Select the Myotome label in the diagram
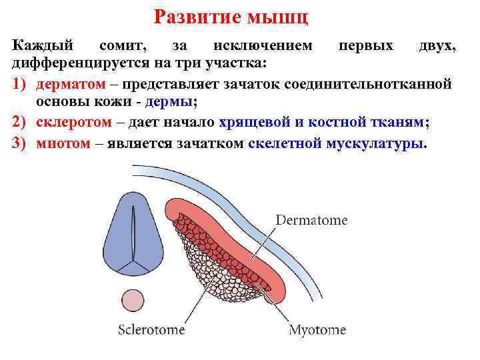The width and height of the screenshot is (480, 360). (317, 329)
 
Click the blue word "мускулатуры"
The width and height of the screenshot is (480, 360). (373, 143)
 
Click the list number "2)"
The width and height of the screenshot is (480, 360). (19, 123)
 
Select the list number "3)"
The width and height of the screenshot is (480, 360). (19, 143)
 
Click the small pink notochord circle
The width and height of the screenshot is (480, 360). (133, 302)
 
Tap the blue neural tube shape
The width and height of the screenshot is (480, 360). (133, 233)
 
